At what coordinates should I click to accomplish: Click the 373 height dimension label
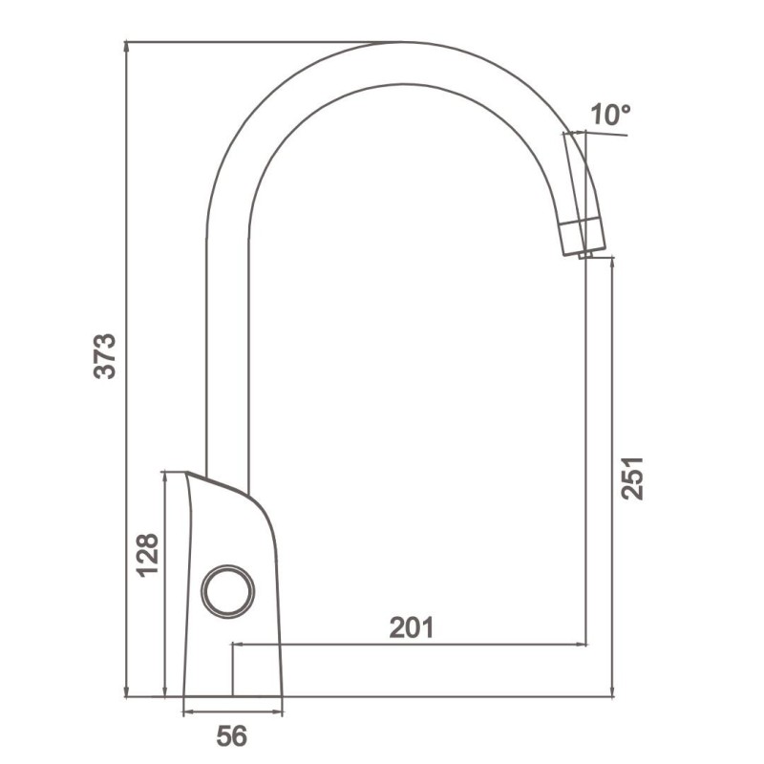point(105,356)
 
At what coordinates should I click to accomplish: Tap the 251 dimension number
point(632,478)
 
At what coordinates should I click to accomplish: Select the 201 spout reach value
point(412,627)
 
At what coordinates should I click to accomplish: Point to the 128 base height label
point(147,556)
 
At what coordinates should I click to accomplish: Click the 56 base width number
point(232,735)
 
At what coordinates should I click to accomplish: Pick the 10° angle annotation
point(610,115)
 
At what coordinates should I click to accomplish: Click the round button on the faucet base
point(227,591)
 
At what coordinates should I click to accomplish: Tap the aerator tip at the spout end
point(585,255)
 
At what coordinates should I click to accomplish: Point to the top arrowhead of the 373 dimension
point(127,47)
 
